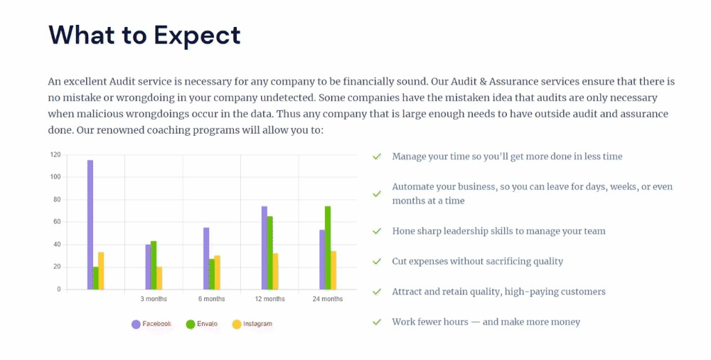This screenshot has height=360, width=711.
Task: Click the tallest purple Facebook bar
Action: click(x=90, y=225)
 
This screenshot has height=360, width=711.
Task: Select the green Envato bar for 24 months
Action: click(x=328, y=248)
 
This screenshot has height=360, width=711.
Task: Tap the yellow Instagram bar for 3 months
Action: click(x=159, y=278)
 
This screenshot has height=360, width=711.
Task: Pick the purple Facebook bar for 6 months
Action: click(x=206, y=258)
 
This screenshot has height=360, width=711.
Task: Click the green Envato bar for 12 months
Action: click(x=269, y=253)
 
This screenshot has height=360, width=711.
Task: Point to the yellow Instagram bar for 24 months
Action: click(x=333, y=270)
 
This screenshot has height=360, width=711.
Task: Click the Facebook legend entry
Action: click(x=151, y=324)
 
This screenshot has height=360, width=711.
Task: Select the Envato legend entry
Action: click(x=202, y=324)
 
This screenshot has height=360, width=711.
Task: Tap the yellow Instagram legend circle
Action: click(x=237, y=324)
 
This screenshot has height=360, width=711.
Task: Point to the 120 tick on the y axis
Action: click(x=55, y=155)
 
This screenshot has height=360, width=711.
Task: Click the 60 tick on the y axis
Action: click(x=57, y=222)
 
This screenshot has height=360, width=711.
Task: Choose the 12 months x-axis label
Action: click(x=269, y=299)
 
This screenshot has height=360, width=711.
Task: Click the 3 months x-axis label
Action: click(x=154, y=299)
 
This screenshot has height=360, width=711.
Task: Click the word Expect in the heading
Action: click(x=197, y=36)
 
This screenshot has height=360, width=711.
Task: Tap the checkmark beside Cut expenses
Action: click(x=377, y=262)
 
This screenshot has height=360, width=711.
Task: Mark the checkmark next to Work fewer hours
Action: click(x=377, y=322)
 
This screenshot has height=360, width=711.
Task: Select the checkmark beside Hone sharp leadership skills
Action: click(x=377, y=231)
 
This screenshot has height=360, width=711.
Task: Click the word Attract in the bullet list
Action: click(x=407, y=292)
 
